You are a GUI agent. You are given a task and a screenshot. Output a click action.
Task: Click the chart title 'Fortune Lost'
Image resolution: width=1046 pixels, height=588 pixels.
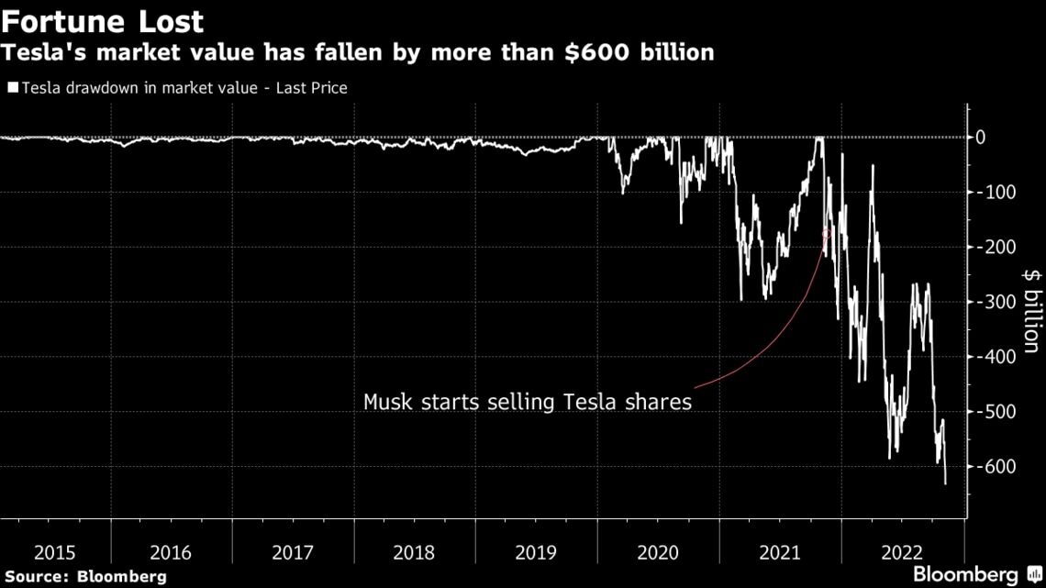(103, 20)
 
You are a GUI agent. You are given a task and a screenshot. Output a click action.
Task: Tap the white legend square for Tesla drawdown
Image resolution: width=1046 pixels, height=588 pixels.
(13, 88)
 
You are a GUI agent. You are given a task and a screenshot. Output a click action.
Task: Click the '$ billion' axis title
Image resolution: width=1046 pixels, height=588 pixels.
(1032, 311)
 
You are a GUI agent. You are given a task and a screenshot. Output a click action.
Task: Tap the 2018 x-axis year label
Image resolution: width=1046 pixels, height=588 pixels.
(414, 553)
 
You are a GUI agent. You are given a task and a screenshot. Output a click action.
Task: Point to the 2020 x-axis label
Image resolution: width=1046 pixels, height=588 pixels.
(657, 553)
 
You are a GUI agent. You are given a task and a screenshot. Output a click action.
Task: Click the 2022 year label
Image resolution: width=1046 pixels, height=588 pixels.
(900, 553)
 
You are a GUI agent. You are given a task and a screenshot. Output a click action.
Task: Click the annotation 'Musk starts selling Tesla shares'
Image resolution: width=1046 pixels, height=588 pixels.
(527, 402)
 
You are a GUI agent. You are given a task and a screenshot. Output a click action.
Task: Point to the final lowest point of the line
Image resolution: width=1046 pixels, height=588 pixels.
(945, 483)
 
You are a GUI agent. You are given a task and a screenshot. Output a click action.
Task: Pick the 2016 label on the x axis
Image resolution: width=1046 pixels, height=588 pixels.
(171, 553)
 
